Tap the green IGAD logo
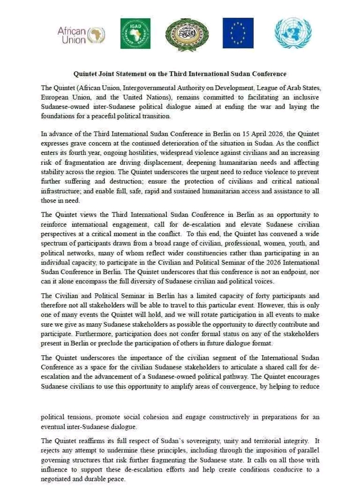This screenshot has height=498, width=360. pos(135,33)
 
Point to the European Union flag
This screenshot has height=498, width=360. pos(238,33)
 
